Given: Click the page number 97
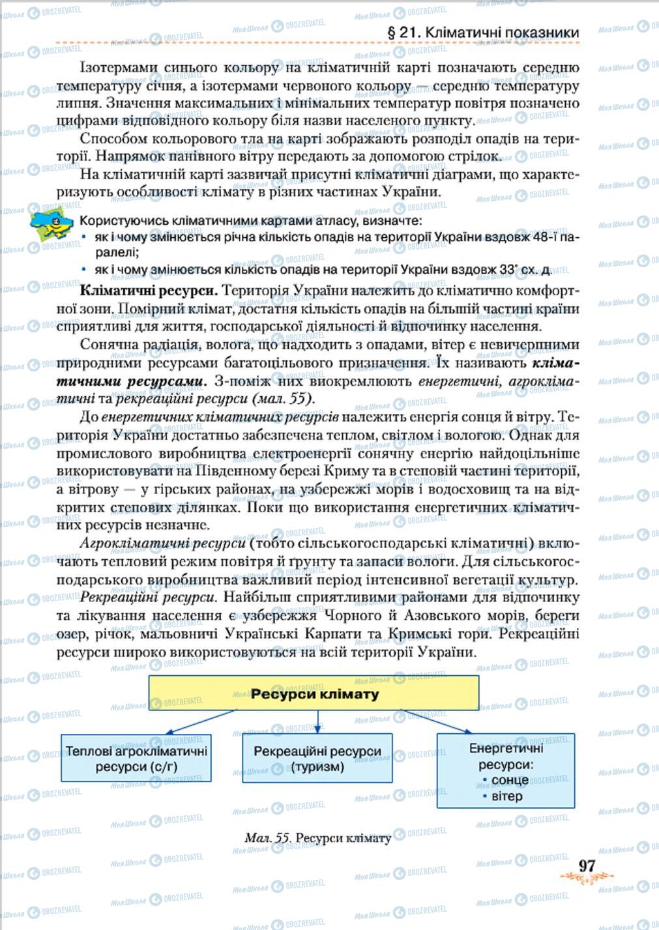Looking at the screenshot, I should pyautogui.click(x=587, y=865).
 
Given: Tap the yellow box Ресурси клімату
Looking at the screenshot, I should pyautogui.click(x=314, y=693).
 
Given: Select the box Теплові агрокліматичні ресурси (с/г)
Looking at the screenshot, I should pyautogui.click(x=136, y=758).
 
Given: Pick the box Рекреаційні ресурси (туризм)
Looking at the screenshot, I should pyautogui.click(x=317, y=758).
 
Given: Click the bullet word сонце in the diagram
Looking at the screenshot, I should pyautogui.click(x=510, y=779).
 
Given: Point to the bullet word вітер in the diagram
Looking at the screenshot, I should pyautogui.click(x=506, y=796).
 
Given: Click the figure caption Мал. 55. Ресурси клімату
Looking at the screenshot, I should pyautogui.click(x=317, y=837).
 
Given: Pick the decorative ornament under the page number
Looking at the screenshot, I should pyautogui.click(x=587, y=879).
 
